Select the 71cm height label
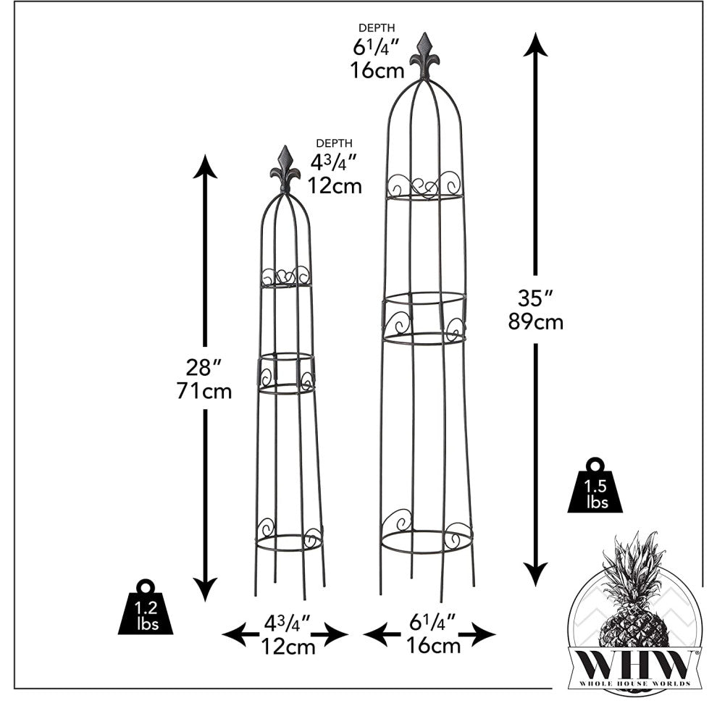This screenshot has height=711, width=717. pos(205,392)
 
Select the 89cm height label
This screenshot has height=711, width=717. pos(536,322)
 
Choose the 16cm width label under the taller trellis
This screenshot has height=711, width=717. pos(434,645)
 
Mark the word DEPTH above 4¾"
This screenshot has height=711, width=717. pos(335,143)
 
